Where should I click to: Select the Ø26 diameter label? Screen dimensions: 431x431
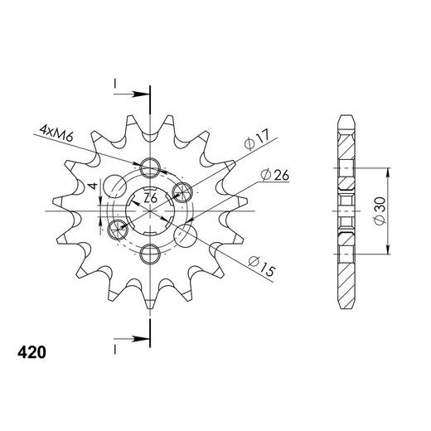[x=274, y=175]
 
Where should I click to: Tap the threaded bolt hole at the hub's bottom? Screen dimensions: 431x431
[x=150, y=253]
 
